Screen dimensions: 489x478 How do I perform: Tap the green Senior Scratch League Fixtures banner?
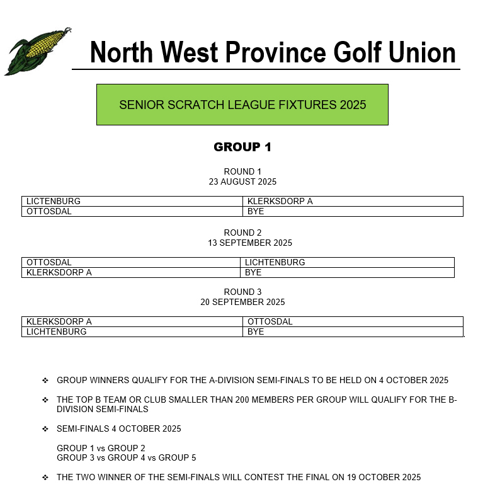pyautogui.click(x=242, y=105)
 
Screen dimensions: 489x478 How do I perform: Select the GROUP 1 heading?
pyautogui.click(x=242, y=147)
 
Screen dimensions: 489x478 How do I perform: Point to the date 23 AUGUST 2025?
pyautogui.click(x=242, y=182)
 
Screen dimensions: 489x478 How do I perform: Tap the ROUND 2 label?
pyautogui.click(x=242, y=233)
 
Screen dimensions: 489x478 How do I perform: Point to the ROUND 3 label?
pyautogui.click(x=242, y=292)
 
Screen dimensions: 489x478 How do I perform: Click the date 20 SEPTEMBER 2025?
pyautogui.click(x=242, y=302)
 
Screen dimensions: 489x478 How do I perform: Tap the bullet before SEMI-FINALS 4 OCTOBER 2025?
pyautogui.click(x=45, y=429)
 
